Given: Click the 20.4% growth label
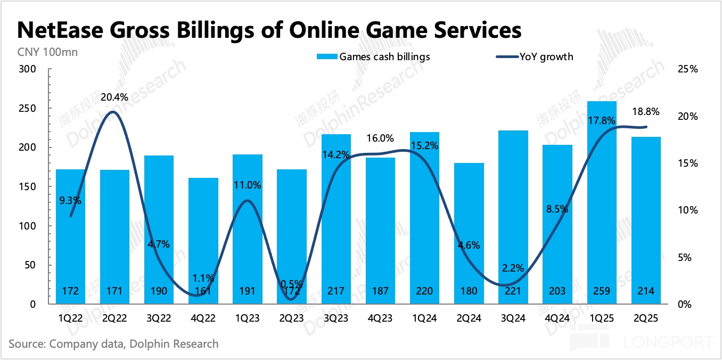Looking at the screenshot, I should click(x=115, y=97).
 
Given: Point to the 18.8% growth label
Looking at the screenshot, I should click(x=646, y=112).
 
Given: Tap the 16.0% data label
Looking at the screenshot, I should click(x=380, y=138).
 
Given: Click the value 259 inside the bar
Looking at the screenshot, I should click(x=604, y=291).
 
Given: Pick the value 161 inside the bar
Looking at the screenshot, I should click(x=203, y=291).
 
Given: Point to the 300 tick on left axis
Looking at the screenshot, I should click(x=27, y=69).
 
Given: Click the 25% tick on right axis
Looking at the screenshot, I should click(x=687, y=69).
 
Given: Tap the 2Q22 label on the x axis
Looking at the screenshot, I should click(x=115, y=318).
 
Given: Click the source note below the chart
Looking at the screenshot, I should click(x=113, y=344).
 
